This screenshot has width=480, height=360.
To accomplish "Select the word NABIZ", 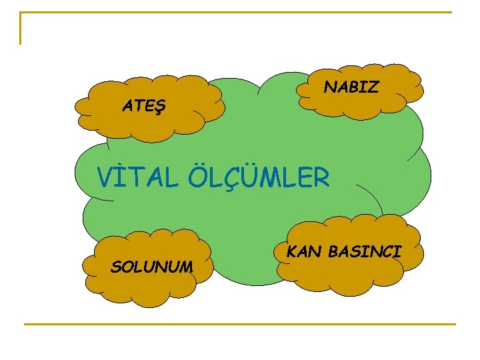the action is [x=351, y=87].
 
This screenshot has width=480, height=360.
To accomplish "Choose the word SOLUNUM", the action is [x=152, y=267].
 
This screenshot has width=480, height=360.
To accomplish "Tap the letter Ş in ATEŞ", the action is [x=163, y=106].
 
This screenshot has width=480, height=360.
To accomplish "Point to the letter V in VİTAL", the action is [x=105, y=178].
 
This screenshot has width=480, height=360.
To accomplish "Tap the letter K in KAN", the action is [x=291, y=251].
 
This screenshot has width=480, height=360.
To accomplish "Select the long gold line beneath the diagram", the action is [x=240, y=324].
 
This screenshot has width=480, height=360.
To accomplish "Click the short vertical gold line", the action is [x=21, y=28].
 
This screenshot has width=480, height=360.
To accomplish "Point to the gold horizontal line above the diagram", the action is [x=236, y=12].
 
